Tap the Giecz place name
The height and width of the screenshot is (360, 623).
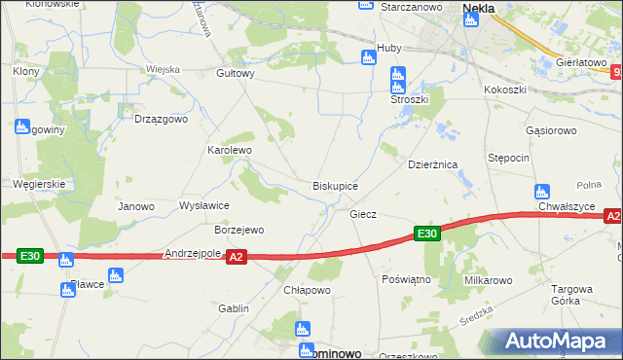[363, 213]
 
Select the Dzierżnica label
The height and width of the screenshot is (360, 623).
[432, 165]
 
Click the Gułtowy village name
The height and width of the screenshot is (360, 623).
[236, 73]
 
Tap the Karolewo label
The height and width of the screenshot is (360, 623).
[230, 151]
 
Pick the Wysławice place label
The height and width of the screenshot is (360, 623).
[204, 206]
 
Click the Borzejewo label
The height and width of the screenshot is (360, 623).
[239, 231]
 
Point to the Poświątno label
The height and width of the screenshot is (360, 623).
[407, 279]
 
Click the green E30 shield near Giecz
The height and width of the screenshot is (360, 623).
[426, 234]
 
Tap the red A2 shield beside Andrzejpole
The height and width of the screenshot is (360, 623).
[236, 257]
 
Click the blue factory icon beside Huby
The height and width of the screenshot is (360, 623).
[368, 56]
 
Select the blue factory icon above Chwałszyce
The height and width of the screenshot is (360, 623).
[541, 191]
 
